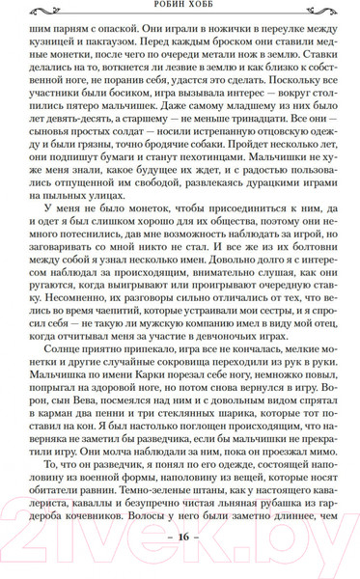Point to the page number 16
(x=180, y=564)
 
